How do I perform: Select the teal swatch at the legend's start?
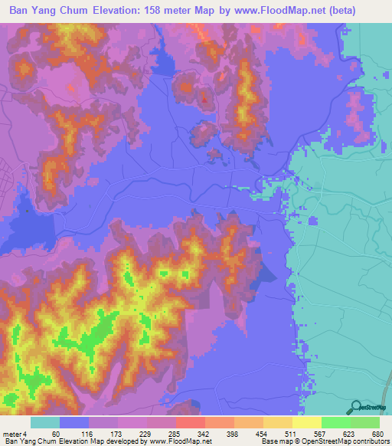pyautogui.click(x=45, y=423)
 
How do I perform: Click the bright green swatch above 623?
pyautogui.click(x=335, y=423)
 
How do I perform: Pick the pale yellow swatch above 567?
pyautogui.click(x=306, y=423)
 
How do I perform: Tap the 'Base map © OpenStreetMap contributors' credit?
pyautogui.click(x=325, y=441)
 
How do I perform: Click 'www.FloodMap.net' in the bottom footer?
pyautogui.click(x=179, y=441)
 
